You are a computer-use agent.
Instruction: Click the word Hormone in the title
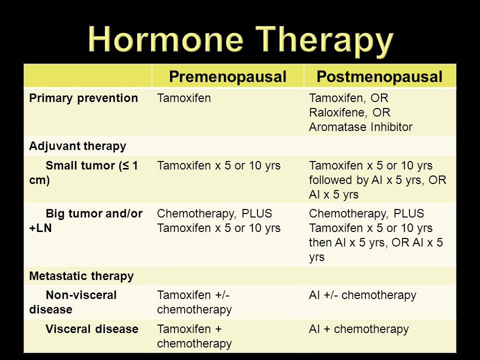pyautogui.click(x=165, y=39)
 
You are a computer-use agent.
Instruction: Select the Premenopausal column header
pyautogui.click(x=228, y=76)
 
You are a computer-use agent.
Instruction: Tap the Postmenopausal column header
pyautogui.click(x=379, y=76)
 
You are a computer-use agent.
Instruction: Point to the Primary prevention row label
pyautogui.click(x=83, y=98)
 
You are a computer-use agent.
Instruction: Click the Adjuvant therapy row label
pyautogui.click(x=77, y=146)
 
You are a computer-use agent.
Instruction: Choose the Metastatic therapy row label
pyautogui.click(x=81, y=276)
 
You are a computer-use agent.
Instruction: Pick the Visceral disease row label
pyautogui.click(x=92, y=329)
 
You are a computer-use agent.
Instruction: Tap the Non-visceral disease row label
pyautogui.click(x=73, y=302)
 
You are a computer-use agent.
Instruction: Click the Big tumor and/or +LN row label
pyautogui.click(x=85, y=220)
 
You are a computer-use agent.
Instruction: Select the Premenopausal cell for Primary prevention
pyautogui.click(x=184, y=98)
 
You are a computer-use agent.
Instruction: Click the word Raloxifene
pyautogui.click(x=336, y=112)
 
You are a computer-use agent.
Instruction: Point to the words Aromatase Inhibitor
pyautogui.click(x=360, y=127)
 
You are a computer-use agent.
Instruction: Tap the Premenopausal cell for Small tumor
pyautogui.click(x=218, y=165)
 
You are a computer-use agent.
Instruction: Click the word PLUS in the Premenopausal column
pyautogui.click(x=257, y=213)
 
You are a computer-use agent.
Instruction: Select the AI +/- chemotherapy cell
pyautogui.click(x=362, y=295)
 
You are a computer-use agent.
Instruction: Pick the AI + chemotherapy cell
pyautogui.click(x=359, y=329)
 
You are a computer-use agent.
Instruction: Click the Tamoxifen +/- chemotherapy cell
pyautogui.click(x=194, y=302)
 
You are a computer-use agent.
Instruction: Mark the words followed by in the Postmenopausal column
pyautogui.click(x=339, y=180)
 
